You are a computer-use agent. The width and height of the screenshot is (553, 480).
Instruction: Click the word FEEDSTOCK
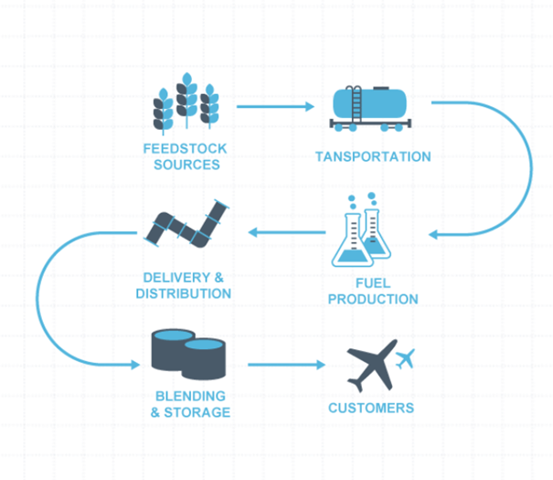(x=185, y=148)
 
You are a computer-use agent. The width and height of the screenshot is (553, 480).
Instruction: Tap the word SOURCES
(x=186, y=165)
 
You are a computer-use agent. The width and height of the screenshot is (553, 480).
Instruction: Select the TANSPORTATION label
(x=373, y=156)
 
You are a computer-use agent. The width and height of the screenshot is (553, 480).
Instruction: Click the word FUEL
(x=373, y=283)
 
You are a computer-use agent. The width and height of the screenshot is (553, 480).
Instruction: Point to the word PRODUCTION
(x=373, y=299)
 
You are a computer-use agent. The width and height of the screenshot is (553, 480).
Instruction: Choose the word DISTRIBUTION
(x=184, y=293)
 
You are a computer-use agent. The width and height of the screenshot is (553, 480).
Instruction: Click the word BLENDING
(x=190, y=396)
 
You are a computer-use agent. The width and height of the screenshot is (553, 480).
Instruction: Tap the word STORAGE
(x=197, y=412)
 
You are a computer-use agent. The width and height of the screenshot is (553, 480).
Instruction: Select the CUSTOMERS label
(x=371, y=408)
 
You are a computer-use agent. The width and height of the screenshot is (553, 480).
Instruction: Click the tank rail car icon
(x=370, y=108)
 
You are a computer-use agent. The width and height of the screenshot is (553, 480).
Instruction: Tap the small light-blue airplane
(x=405, y=358)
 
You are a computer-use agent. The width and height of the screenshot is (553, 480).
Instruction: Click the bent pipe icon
(x=186, y=224)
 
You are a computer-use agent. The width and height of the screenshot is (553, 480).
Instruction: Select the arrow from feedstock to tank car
(x=275, y=106)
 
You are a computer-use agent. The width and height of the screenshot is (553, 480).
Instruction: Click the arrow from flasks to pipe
(x=287, y=232)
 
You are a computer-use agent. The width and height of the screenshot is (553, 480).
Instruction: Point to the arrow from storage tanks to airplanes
(x=286, y=365)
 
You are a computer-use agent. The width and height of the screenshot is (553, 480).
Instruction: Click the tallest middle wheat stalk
(x=186, y=101)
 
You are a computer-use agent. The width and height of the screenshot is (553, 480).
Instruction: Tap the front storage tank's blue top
(x=204, y=344)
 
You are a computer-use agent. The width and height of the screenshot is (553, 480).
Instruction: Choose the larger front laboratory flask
(x=353, y=240)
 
